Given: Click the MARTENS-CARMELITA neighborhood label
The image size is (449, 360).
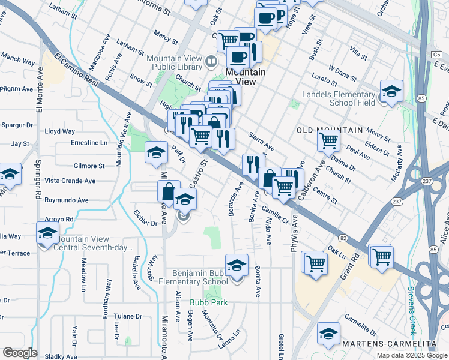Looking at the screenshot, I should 390,343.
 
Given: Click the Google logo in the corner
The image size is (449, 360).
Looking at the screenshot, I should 20,352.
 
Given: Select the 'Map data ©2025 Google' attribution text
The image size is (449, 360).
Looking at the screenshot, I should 412,355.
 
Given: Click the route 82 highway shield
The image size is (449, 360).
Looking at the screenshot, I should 343,238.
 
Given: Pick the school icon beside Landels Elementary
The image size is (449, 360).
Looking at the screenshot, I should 391,91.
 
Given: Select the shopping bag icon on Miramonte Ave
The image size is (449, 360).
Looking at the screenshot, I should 169,191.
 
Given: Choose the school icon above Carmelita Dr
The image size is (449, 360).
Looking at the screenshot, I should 328,333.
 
